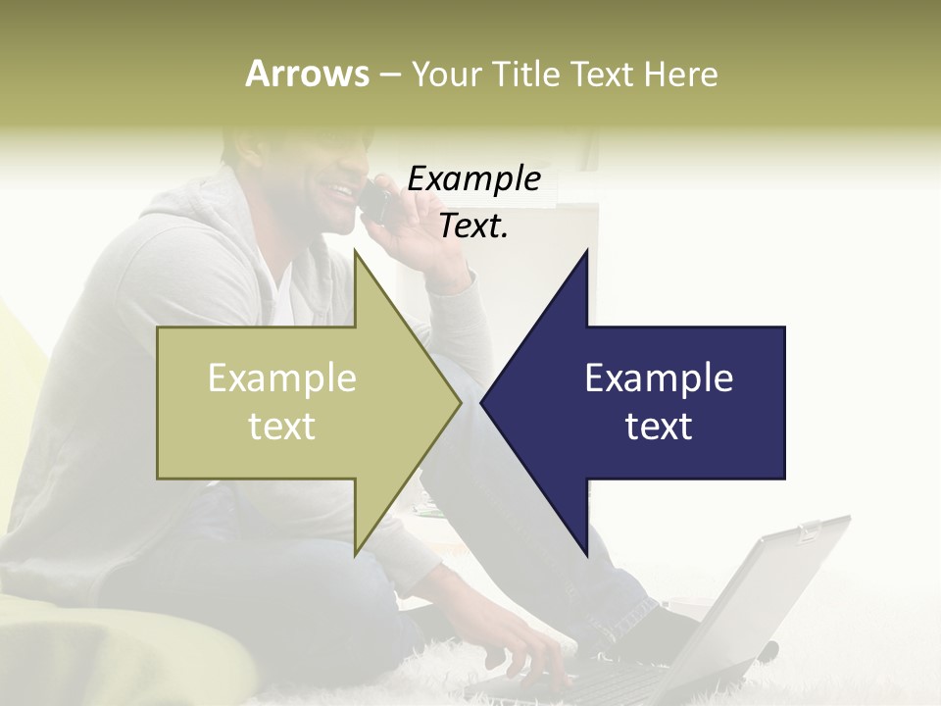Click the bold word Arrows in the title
(x=307, y=74)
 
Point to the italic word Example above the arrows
(x=473, y=179)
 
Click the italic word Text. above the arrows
(x=473, y=226)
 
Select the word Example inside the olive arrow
(x=281, y=378)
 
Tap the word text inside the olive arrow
(x=281, y=427)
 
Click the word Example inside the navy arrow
(x=658, y=378)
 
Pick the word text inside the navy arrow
(x=658, y=427)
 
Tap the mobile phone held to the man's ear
(x=375, y=201)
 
